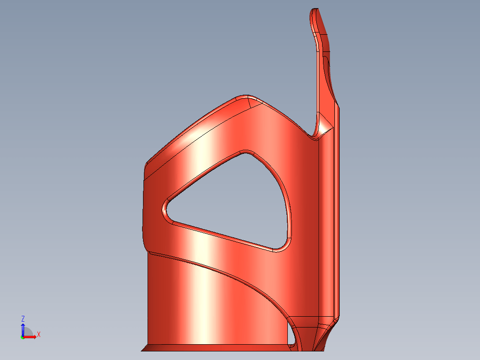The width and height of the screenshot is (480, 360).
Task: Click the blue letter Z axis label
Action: pyautogui.click(x=23, y=318)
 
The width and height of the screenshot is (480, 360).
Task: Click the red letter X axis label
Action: pyautogui.click(x=39, y=334)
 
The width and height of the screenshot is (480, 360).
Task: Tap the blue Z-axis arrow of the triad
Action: pyautogui.click(x=23, y=330)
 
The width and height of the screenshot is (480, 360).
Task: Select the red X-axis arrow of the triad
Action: pyautogui.click(x=30, y=337)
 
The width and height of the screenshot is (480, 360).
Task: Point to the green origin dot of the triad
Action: pyautogui.click(x=23, y=337)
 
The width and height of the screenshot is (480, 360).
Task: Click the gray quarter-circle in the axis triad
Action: pyautogui.click(x=28, y=332)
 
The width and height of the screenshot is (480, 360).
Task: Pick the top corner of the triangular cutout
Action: pyautogui.click(x=245, y=152)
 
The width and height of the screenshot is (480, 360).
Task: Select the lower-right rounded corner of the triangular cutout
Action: pyautogui.click(x=283, y=246)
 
